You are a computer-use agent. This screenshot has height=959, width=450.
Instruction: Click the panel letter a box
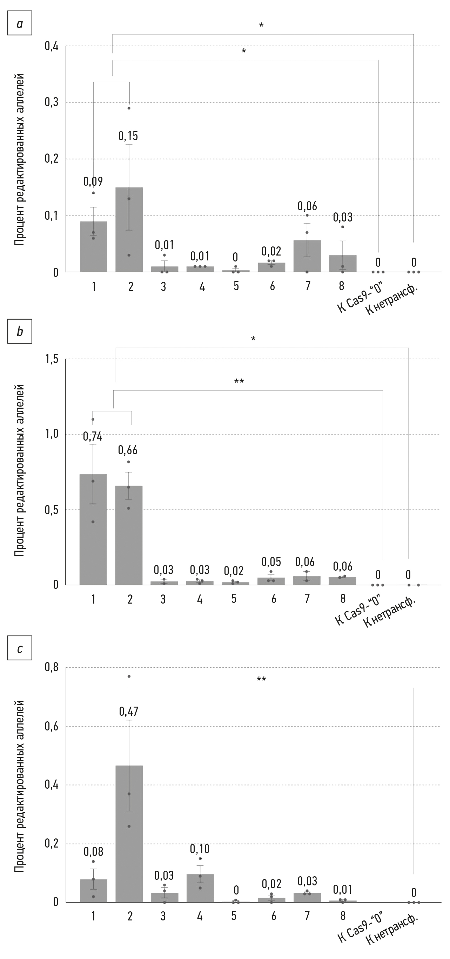coord(20,23)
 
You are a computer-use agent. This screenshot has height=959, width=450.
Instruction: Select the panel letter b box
coord(20,331)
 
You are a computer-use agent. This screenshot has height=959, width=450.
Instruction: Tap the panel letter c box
coord(20,648)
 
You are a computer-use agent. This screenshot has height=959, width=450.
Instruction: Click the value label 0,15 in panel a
coord(128,136)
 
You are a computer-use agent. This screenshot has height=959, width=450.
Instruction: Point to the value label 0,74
coord(92,436)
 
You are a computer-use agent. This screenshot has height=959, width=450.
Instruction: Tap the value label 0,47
coord(128,712)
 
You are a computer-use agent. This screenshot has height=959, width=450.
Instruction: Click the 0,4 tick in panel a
coord(52,46)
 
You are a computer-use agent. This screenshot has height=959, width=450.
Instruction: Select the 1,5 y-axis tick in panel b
coord(52,359)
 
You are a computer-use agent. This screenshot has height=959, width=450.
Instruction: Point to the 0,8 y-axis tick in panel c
coord(52,667)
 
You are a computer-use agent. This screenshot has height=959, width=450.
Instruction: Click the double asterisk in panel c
coord(261,679)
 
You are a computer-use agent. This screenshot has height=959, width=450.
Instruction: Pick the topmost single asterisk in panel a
coord(261,25)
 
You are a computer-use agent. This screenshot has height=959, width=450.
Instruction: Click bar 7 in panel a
coord(307,256)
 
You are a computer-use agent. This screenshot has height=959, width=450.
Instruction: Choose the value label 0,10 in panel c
coord(200,849)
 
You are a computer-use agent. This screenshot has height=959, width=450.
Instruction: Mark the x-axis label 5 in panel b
coord(234,599)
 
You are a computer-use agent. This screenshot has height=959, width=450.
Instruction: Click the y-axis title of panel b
coord(19,471)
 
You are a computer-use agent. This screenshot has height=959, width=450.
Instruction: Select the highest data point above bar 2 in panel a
coord(129,108)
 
